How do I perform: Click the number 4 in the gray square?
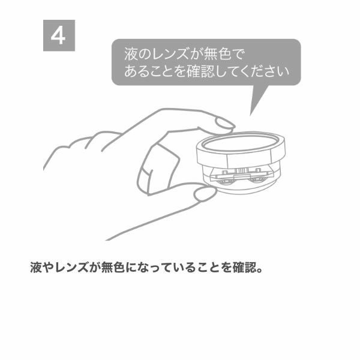pyautogui.click(x=58, y=36)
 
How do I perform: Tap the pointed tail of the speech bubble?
pyautogui.click(x=250, y=115)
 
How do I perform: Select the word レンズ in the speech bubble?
pyautogui.click(x=168, y=54)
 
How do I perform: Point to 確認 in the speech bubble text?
pyautogui.click(x=200, y=71)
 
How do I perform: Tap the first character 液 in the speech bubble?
pyautogui.click(x=131, y=54)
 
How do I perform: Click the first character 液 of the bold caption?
pyautogui.click(x=36, y=267)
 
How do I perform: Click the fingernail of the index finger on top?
pyautogui.click(x=225, y=124)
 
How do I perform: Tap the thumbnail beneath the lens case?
pyautogui.click(x=205, y=193)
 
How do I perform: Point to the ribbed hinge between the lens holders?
pyautogui.click(x=241, y=170)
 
